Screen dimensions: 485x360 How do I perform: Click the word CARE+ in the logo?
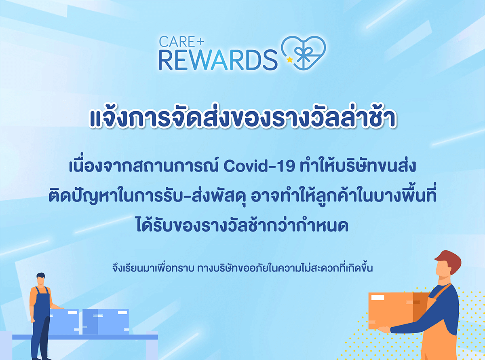point(181,42)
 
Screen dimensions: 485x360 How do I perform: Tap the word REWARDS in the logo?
point(218,60)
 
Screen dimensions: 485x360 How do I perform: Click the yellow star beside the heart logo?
point(290,59)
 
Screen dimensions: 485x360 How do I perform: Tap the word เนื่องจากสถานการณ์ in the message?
point(143,166)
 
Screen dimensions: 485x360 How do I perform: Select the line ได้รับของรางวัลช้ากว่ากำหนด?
point(242,225)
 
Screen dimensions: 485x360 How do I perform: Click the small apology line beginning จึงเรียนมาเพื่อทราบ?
point(242,269)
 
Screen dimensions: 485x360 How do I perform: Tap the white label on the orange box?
point(378,298)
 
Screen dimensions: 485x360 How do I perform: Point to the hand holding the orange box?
point(384,329)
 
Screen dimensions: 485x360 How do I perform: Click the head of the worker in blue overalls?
point(41,279)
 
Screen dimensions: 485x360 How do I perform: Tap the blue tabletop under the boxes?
point(85,337)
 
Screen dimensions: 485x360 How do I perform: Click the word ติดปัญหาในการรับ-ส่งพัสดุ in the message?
point(148,196)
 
